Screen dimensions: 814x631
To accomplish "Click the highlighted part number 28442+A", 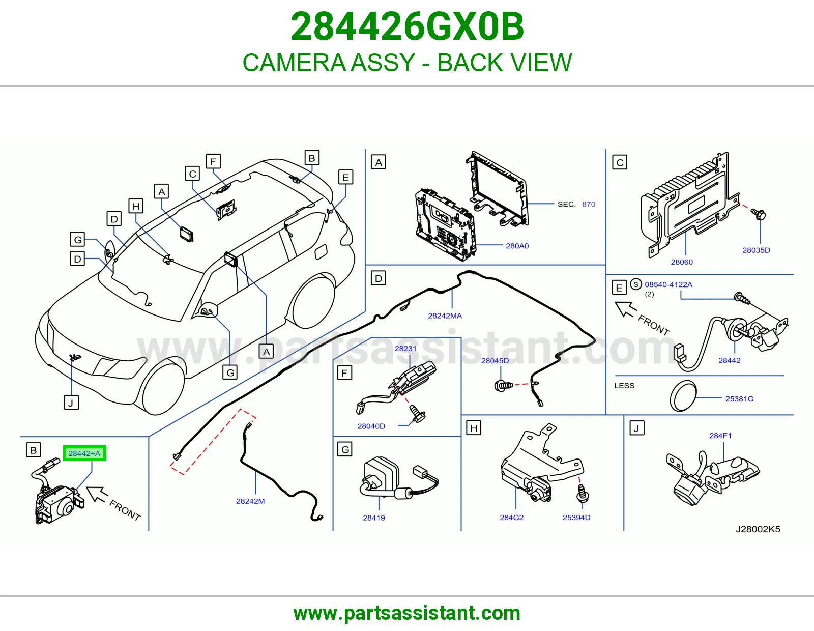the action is pyautogui.click(x=84, y=453).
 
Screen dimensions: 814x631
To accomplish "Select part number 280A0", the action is pyautogui.click(x=517, y=246).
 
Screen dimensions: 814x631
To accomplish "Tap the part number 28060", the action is pyautogui.click(x=682, y=262).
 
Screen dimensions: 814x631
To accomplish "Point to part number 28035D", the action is pyautogui.click(x=757, y=250).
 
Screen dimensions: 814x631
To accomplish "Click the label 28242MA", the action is pyautogui.click(x=445, y=315).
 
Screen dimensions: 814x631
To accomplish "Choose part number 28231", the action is pyautogui.click(x=405, y=348).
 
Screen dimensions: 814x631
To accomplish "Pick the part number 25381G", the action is pyautogui.click(x=739, y=398).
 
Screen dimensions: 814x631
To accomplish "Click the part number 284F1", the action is pyautogui.click(x=720, y=436).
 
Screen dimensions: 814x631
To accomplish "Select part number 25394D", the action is pyautogui.click(x=576, y=517).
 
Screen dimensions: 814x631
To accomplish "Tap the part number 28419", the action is pyautogui.click(x=374, y=518).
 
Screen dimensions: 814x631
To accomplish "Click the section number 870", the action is pyautogui.click(x=589, y=204).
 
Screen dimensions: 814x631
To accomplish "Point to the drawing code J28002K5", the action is pyautogui.click(x=758, y=529).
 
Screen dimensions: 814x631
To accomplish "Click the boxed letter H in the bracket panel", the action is pyautogui.click(x=474, y=428).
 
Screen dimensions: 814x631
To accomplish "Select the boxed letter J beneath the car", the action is pyautogui.click(x=71, y=403).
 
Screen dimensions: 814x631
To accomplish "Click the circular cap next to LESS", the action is pyautogui.click(x=683, y=396).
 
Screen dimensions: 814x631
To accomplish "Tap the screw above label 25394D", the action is pyautogui.click(x=583, y=494).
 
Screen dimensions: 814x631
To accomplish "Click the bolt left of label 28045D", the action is pyautogui.click(x=503, y=385).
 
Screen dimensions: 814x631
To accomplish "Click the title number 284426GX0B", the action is pyautogui.click(x=407, y=26).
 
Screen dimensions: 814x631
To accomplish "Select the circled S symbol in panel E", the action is pyautogui.click(x=636, y=284).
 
